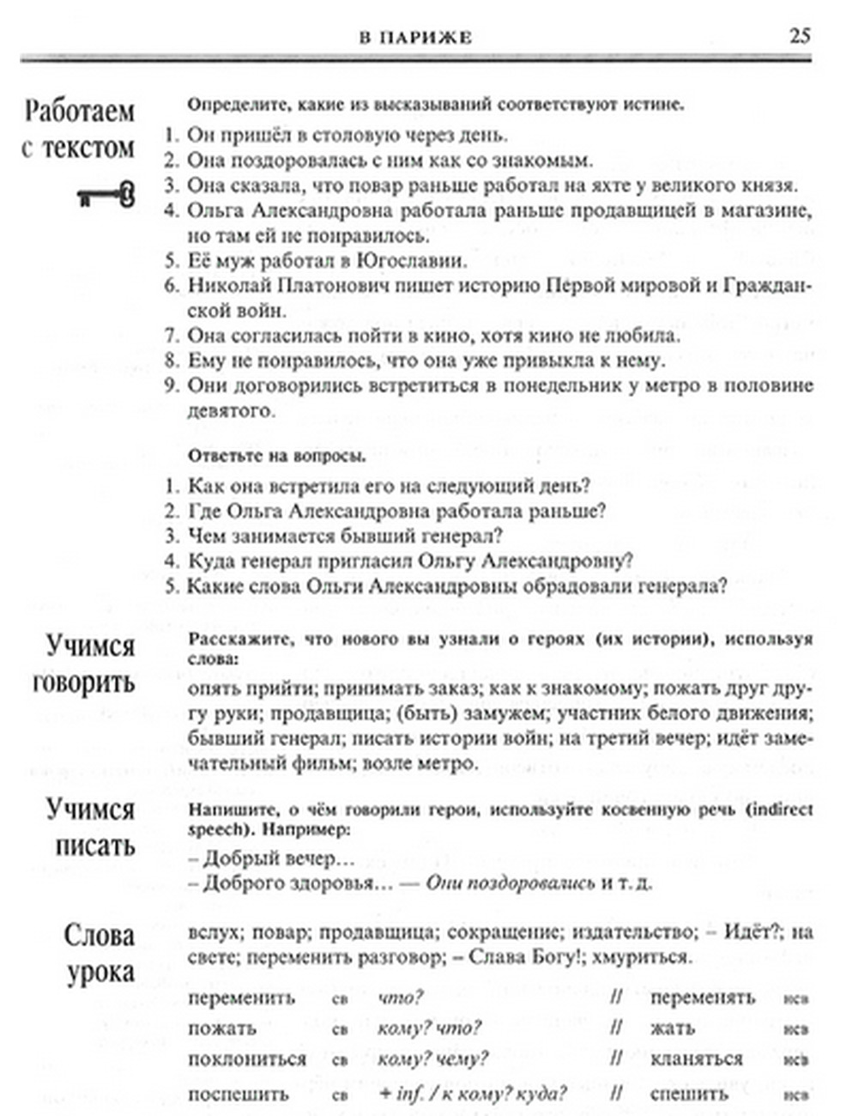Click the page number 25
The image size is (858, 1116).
click(x=799, y=36)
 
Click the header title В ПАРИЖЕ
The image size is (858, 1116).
click(x=415, y=38)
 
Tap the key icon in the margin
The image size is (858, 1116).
click(x=107, y=195)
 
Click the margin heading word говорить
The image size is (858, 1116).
click(x=84, y=683)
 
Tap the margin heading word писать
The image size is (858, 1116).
click(x=95, y=846)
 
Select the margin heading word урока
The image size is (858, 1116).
click(x=100, y=973)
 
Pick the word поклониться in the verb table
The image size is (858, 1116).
click(x=247, y=1058)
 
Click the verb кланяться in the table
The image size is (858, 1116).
click(x=696, y=1058)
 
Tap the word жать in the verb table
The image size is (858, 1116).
click(x=673, y=1028)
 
